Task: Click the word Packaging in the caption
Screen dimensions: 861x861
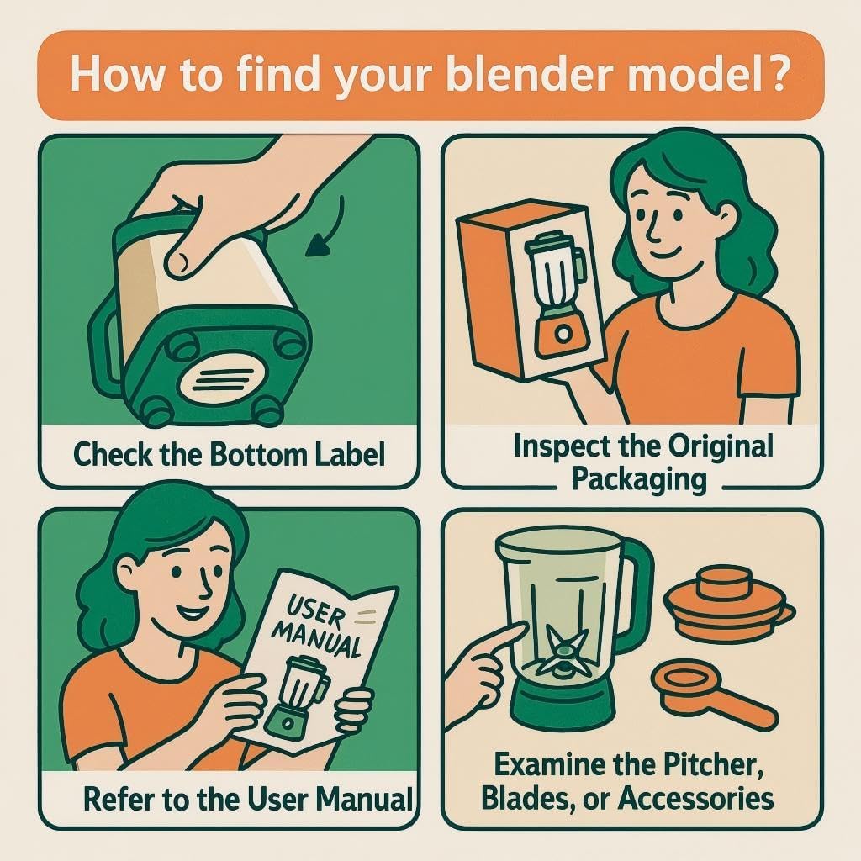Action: pos(638,479)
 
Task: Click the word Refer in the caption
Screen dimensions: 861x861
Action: pos(118,797)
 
